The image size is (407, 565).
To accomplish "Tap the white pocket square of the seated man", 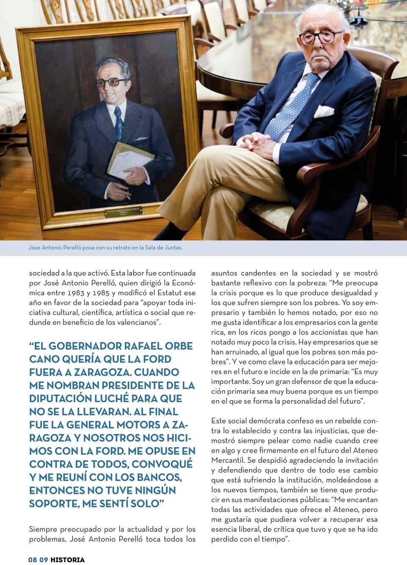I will coord(323,111).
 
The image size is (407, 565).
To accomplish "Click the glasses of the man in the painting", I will coord(112,82).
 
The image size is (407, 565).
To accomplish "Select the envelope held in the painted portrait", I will coord(129,160).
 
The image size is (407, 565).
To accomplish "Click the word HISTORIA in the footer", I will coord(67,559).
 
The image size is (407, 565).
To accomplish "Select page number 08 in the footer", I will coord(33,559).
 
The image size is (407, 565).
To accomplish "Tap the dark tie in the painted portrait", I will coord(118,123).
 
